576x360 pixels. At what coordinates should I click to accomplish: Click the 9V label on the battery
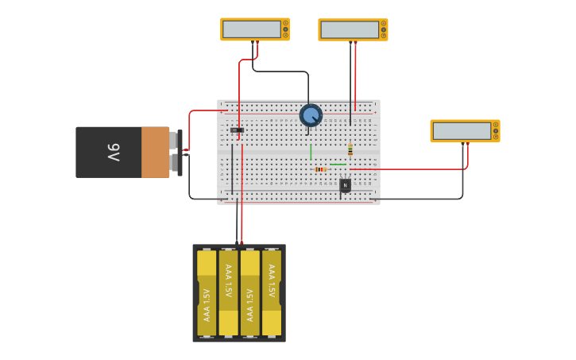click(x=114, y=152)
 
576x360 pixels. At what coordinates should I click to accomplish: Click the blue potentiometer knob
click(x=311, y=115)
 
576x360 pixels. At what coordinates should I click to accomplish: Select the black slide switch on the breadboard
click(x=237, y=130)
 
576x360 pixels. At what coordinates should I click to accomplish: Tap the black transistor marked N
click(x=345, y=185)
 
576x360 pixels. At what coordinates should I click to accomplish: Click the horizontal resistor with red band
click(x=320, y=169)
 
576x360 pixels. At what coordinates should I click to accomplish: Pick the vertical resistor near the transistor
click(x=350, y=149)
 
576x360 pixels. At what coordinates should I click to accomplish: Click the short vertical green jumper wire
click(x=311, y=152)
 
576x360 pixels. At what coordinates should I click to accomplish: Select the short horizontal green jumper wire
click(x=338, y=165)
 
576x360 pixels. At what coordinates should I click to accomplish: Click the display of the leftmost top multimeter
click(x=252, y=29)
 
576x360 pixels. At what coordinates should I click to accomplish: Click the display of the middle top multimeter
click(x=350, y=30)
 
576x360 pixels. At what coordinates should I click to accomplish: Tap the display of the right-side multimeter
click(x=462, y=131)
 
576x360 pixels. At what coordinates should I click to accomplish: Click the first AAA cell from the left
click(x=207, y=292)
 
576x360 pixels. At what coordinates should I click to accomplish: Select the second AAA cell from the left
click(x=228, y=292)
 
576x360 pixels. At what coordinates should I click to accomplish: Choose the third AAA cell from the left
click(x=249, y=292)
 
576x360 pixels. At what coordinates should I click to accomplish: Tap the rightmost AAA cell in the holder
click(x=271, y=292)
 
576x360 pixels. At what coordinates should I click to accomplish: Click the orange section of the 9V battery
click(x=155, y=152)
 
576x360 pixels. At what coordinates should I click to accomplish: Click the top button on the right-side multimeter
click(x=496, y=124)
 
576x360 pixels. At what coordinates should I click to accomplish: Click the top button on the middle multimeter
click(x=384, y=23)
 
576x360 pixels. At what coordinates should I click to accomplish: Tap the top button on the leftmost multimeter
click(x=285, y=22)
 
